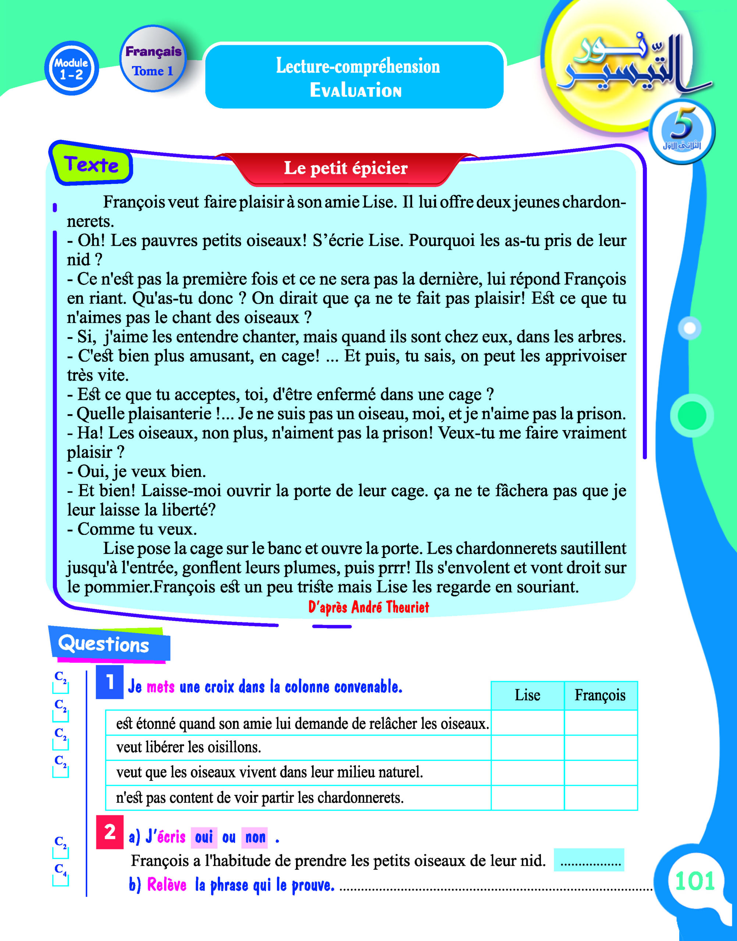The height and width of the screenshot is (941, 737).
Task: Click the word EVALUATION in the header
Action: (x=356, y=90)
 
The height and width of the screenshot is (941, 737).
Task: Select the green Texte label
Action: (x=91, y=165)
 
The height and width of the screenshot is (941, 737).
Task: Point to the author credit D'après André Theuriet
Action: (x=368, y=607)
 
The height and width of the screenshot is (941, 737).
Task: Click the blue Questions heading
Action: (x=104, y=644)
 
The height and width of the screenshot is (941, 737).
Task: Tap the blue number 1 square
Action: (x=110, y=682)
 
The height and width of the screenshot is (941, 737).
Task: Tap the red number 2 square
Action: (x=110, y=832)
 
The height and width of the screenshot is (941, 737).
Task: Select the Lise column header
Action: (x=527, y=695)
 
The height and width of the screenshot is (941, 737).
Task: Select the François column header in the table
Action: (x=600, y=695)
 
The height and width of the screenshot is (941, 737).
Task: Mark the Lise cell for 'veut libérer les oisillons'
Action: (x=527, y=747)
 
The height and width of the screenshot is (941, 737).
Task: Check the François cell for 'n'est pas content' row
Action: (x=601, y=798)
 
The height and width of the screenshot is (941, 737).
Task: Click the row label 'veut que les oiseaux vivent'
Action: (x=269, y=772)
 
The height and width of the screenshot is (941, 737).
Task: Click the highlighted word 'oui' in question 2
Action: (x=204, y=837)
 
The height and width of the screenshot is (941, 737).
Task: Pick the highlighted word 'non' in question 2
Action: (x=255, y=837)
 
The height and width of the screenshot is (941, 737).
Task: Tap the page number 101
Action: (x=695, y=881)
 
